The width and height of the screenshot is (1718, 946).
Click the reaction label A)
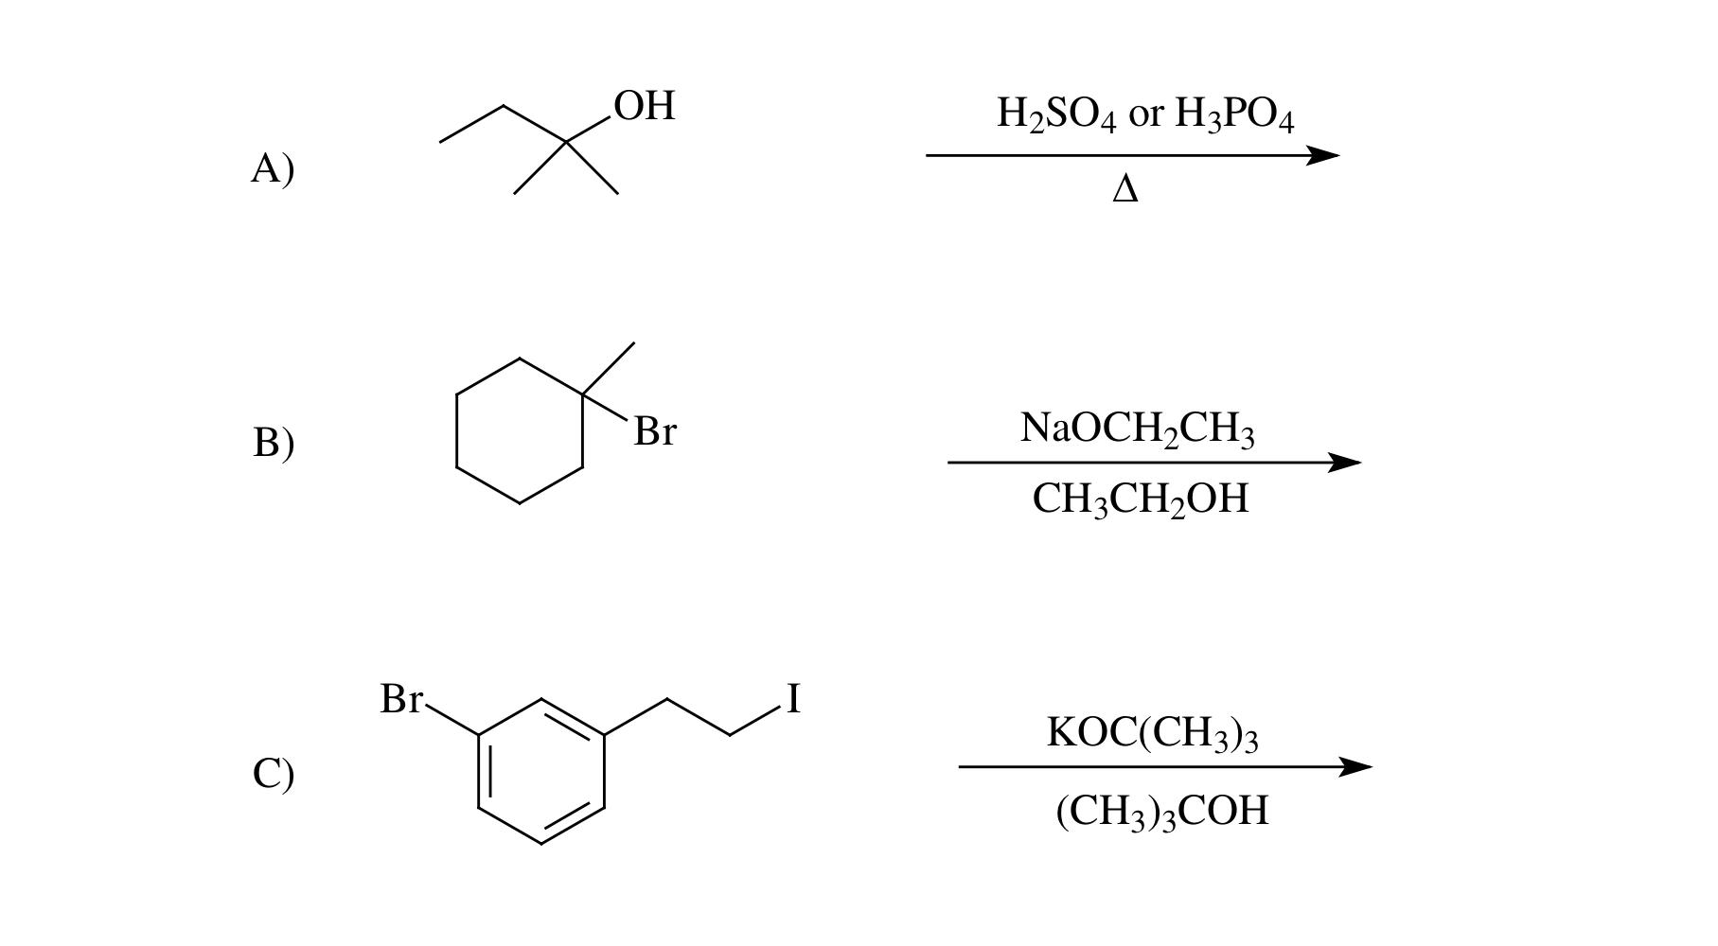pos(273,168)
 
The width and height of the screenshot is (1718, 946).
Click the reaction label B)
pos(273,442)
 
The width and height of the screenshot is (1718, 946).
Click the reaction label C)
pos(273,773)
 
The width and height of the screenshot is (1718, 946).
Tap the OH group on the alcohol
pos(645,106)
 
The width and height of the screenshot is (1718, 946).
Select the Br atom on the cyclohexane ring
pos(655,431)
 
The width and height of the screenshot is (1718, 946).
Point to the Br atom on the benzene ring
pos(401,699)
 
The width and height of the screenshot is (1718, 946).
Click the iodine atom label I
pos(793,699)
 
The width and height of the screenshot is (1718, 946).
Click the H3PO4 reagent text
pos(1233,114)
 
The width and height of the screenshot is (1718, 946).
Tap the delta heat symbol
pos(1125,189)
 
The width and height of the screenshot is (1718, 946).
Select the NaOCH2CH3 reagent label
pos(1138,429)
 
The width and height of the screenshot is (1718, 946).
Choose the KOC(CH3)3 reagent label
pos(1152,733)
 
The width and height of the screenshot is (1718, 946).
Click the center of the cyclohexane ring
pos(520,430)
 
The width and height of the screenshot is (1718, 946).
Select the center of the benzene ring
pos(541,771)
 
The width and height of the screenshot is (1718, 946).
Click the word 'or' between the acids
pos(1145,114)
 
